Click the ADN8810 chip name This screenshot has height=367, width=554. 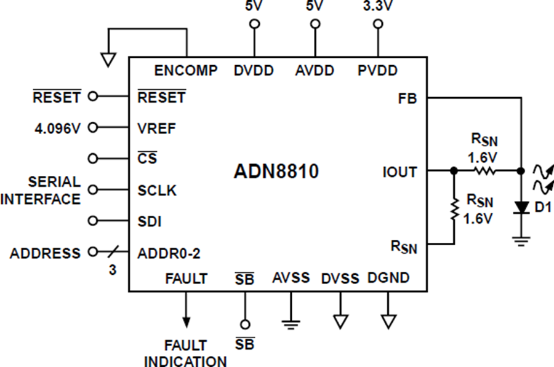click(x=276, y=172)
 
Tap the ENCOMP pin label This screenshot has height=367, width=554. click(x=186, y=71)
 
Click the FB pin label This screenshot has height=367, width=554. click(x=407, y=98)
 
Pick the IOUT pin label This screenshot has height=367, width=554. click(x=399, y=172)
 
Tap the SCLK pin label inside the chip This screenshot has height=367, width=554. click(x=157, y=191)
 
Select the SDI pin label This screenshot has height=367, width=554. click(x=150, y=221)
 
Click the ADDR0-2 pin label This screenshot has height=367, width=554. click(x=169, y=253)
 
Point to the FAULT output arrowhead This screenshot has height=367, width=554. click(x=186, y=322)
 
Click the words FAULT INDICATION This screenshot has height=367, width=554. click(x=185, y=353)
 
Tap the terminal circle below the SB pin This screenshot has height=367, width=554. click(x=244, y=324)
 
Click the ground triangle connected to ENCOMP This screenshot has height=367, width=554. click(x=108, y=60)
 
